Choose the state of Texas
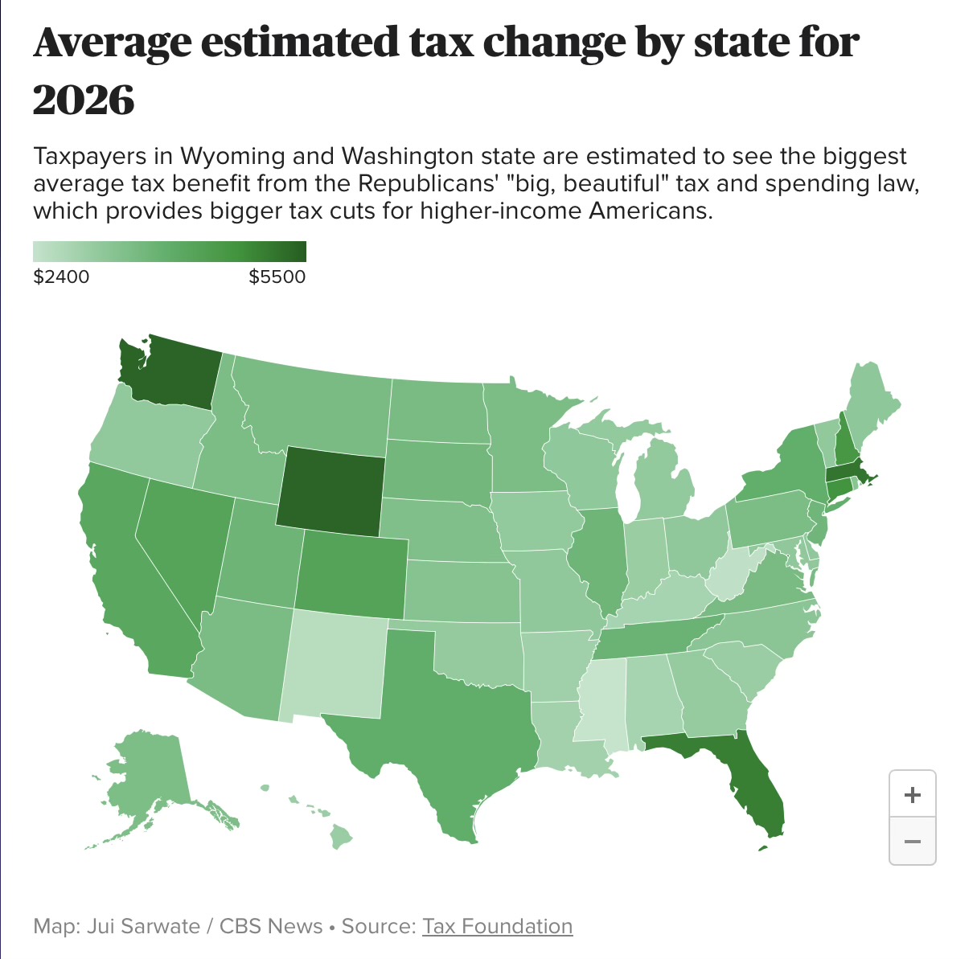coord(450,723)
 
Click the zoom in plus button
coord(913,795)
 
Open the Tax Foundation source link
coord(498,926)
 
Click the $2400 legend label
coord(62,277)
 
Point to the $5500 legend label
coord(277,277)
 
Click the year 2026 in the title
coord(84,100)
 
